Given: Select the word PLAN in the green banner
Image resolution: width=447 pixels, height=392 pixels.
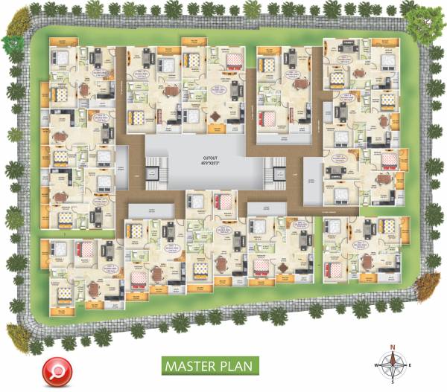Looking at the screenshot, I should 238,367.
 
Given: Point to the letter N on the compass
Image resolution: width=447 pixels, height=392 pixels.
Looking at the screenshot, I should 393,347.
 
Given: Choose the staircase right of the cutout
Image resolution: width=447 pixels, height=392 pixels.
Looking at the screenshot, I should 276,173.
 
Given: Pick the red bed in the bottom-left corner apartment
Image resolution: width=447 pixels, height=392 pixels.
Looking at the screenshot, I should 83,249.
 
